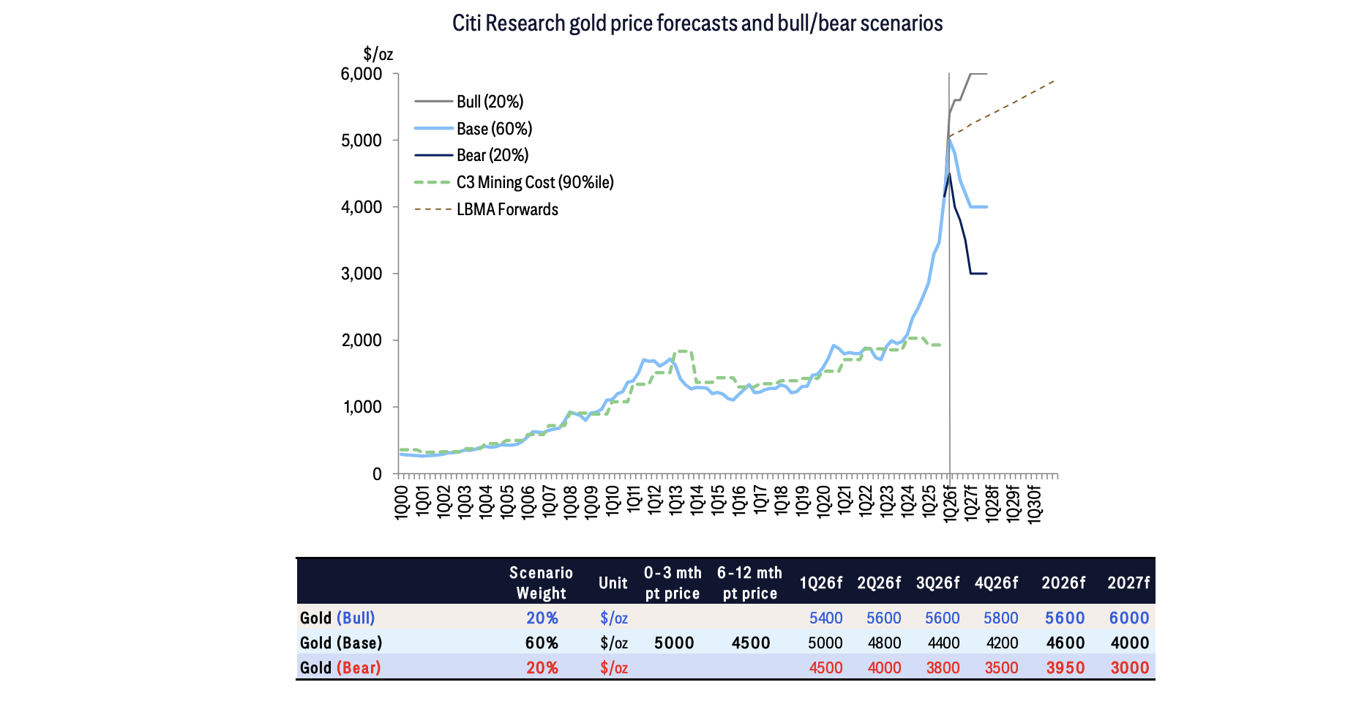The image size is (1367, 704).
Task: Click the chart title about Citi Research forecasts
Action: point(697,23)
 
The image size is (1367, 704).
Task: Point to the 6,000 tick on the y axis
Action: point(362,74)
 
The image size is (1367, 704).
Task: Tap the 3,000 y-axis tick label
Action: point(362,274)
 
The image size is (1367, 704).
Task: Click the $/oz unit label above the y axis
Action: point(378,54)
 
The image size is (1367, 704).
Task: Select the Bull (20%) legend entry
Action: point(490,102)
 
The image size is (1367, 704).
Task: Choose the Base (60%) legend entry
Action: point(494,129)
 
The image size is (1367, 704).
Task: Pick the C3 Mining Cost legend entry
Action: point(534,182)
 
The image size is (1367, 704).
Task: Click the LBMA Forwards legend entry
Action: point(507,209)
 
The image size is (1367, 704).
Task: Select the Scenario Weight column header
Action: point(542,583)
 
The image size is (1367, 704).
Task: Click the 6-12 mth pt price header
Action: point(750,583)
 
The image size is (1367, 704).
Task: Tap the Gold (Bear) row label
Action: point(340,667)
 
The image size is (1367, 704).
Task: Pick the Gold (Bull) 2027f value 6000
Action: point(1129,618)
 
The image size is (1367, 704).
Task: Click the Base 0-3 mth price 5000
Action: point(674,643)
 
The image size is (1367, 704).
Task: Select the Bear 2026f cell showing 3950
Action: point(1065,667)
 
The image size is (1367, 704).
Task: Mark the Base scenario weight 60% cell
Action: point(542,643)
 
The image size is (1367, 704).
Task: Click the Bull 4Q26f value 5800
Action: point(1000,618)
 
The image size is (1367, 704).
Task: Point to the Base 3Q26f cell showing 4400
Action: point(943,643)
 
